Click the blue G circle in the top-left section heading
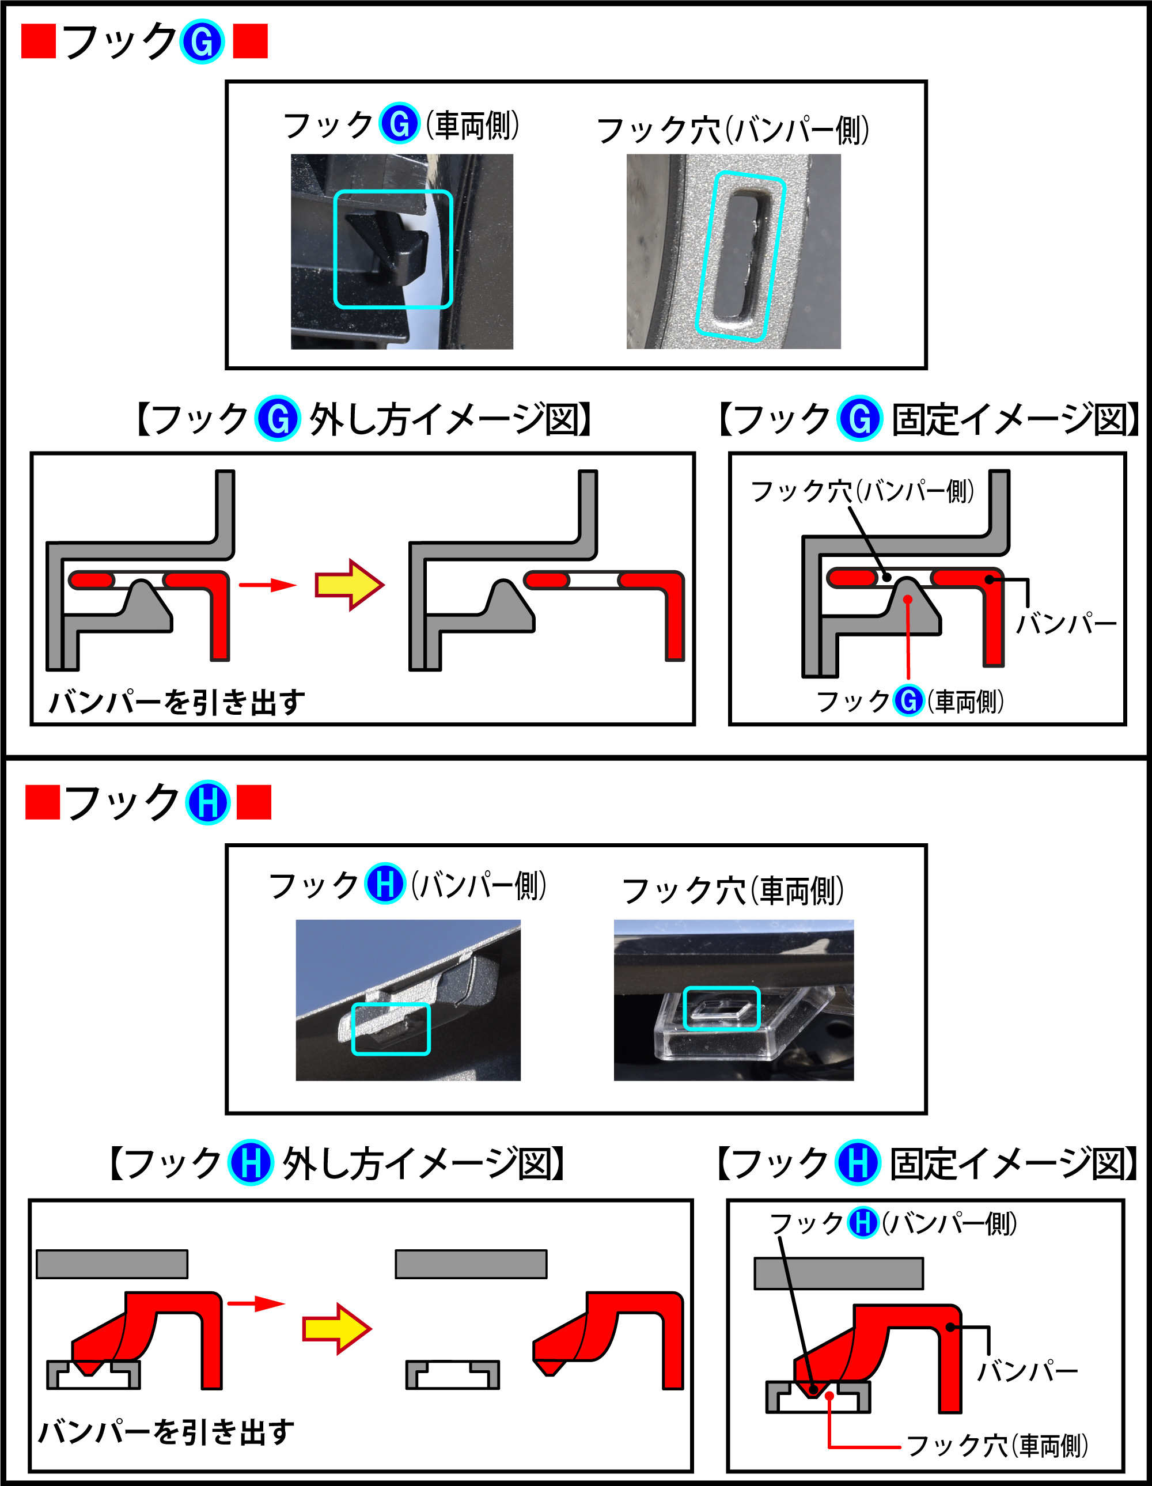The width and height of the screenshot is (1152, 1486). [x=202, y=42]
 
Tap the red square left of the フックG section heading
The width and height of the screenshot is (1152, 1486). [x=38, y=41]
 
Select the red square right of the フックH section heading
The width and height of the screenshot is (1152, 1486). [x=254, y=802]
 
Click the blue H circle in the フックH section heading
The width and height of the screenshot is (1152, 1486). [x=207, y=803]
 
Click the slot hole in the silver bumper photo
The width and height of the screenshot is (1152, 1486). [x=742, y=255]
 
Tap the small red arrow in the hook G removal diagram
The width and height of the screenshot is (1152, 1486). [x=267, y=585]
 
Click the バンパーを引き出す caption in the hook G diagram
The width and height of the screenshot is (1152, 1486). [x=177, y=702]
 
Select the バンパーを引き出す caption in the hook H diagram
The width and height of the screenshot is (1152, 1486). [x=166, y=1431]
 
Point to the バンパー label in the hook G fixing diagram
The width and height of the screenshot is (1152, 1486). [x=1066, y=623]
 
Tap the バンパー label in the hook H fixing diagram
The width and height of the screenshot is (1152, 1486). [x=1028, y=1371]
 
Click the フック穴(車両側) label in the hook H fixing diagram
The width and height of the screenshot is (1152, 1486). [x=998, y=1445]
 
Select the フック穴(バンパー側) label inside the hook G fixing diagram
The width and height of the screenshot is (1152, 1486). [x=862, y=491]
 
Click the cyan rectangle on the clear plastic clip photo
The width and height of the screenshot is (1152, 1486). [x=721, y=1009]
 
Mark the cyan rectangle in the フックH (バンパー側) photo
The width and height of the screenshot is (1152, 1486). [x=391, y=1029]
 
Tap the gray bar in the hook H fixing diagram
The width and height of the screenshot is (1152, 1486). [x=838, y=1273]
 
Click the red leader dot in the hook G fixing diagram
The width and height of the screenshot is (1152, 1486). [x=908, y=600]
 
